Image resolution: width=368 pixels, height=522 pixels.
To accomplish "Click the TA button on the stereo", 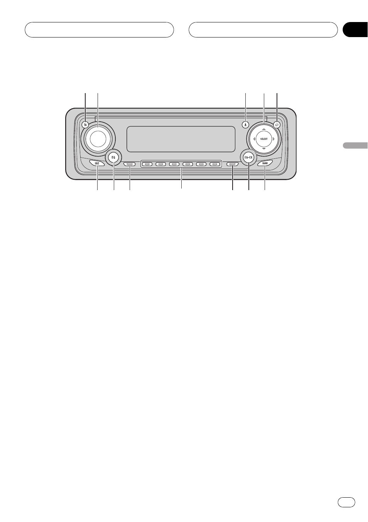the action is coord(85,125).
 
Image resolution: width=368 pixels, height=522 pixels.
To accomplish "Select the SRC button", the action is coord(97,163).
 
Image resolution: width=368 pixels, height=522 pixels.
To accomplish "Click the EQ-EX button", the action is coord(248,157).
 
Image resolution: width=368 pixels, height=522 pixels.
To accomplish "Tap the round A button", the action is coord(245,125).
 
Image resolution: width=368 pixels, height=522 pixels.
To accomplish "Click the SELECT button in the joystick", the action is coord(264,139).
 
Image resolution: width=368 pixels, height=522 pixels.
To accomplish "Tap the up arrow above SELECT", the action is coord(264,129).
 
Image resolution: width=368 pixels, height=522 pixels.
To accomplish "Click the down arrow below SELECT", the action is coord(264,148).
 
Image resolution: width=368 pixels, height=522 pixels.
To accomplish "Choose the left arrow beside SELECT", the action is coord(254,139).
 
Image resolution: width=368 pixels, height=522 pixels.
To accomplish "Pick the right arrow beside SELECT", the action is coord(273,139).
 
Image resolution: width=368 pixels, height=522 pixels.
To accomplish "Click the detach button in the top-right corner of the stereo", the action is coord(277,125).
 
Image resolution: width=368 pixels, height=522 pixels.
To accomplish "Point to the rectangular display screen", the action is coord(181,139).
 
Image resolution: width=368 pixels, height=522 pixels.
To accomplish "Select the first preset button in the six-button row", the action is coord(147,165).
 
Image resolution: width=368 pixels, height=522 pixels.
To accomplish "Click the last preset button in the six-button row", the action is coord(214,165).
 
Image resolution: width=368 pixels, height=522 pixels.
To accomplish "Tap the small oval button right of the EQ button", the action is coord(130,165).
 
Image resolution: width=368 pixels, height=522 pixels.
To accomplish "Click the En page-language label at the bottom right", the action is coord(346,502).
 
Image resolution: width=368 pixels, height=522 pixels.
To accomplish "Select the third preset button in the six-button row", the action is coord(174,165).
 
